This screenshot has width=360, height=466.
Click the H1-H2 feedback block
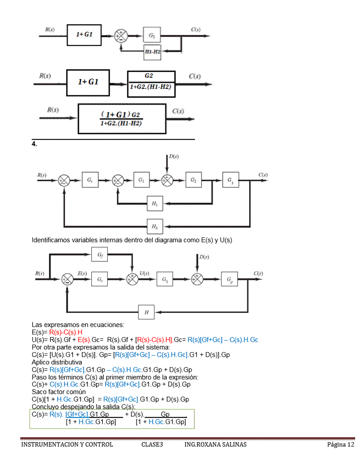[152, 52]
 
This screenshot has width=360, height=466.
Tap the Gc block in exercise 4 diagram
[90, 180]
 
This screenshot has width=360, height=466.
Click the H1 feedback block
[154, 203]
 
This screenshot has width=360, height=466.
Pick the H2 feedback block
[154, 226]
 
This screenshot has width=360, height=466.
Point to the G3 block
[230, 180]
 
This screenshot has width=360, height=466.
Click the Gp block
[229, 280]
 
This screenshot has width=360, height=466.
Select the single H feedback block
[146, 312]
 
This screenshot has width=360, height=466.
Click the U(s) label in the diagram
[144, 274]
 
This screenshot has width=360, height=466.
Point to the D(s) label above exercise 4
[173, 157]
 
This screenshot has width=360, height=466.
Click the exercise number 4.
[34, 144]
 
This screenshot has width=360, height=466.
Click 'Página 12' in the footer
[341, 444]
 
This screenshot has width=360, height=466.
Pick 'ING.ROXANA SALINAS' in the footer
[215, 444]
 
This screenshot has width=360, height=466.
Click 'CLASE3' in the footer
[152, 444]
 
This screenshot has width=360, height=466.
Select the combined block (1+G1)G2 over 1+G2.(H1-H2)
[122, 119]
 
